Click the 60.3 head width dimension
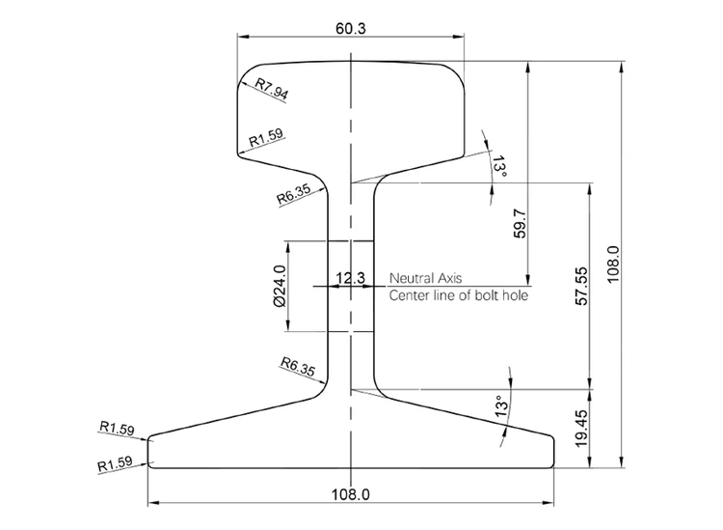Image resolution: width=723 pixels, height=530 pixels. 350,28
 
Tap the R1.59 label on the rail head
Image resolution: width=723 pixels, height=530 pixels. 265,139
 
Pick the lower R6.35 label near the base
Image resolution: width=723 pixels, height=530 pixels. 297,367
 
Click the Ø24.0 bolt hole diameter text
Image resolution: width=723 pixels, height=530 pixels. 280,287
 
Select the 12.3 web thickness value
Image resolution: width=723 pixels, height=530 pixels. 349,278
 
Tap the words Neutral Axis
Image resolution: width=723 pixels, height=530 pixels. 425,278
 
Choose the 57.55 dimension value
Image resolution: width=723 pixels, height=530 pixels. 580,287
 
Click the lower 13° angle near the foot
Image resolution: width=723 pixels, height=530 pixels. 500,407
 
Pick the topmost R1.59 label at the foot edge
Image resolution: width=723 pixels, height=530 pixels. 117,429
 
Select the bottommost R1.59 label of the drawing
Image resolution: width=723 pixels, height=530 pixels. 117,464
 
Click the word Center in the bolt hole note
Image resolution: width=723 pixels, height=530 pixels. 411,296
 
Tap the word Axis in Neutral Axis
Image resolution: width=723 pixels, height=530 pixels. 448,278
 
